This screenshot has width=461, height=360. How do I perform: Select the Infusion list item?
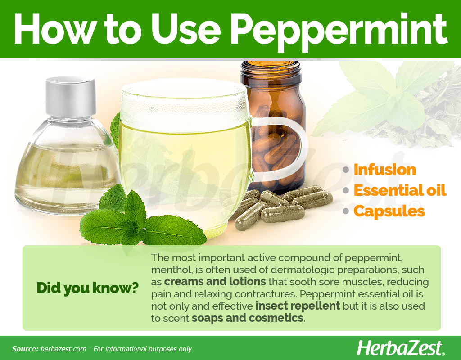[x=384, y=170]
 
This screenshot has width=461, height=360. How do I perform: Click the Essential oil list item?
[x=400, y=190]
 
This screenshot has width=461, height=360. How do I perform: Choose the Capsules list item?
[x=389, y=211]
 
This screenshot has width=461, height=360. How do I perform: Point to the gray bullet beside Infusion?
[x=346, y=170]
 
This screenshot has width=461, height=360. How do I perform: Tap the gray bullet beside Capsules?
[x=346, y=211]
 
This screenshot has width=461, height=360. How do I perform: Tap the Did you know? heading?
[x=88, y=288]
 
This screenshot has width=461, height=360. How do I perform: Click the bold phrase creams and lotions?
[x=215, y=282]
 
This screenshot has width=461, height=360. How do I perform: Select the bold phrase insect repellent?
[x=298, y=306]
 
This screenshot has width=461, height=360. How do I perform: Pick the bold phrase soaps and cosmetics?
[x=247, y=318]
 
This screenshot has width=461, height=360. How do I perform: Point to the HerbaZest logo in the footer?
[x=400, y=348]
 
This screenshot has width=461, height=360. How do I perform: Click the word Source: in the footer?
[x=25, y=349]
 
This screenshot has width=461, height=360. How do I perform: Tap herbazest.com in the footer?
[x=63, y=349]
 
